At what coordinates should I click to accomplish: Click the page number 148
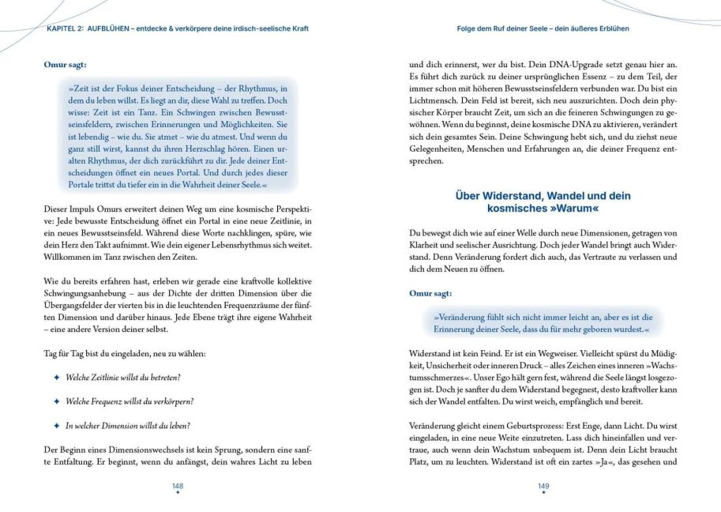pos(178,485)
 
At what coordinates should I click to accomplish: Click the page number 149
pos(543,485)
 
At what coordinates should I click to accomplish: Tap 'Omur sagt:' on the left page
pos(66,64)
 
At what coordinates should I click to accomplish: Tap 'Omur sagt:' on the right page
pos(430,293)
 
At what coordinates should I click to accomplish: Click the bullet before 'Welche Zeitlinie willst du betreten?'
pos(56,377)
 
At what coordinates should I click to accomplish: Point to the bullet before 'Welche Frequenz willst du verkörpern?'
pos(56,401)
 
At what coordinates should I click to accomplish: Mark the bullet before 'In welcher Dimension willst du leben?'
pos(56,425)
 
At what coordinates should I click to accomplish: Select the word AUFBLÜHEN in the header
pos(115,28)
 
